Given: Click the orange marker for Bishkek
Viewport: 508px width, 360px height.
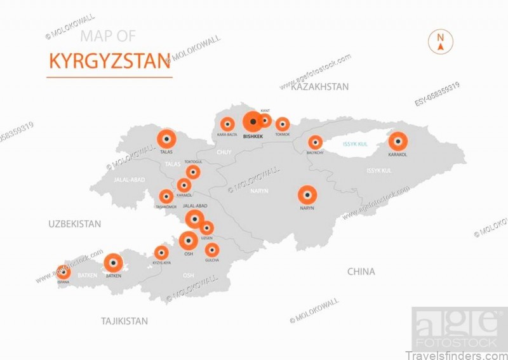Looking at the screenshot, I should click(253, 121).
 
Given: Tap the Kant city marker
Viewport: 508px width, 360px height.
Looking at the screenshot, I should click(265, 121).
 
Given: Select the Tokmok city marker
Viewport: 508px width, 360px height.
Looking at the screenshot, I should click(283, 124).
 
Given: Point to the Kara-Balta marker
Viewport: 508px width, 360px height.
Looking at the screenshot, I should click(227, 124).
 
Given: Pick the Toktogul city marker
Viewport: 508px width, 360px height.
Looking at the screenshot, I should click(192, 172).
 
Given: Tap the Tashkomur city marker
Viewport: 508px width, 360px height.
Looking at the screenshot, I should click(166, 197).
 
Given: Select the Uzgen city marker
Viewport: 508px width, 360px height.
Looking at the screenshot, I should click(206, 228).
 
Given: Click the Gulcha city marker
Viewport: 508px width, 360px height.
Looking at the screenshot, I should click(212, 250).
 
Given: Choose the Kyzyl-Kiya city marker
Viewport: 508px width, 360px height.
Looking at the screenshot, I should click(162, 253).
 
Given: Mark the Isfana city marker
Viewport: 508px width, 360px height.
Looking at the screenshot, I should click(63, 272).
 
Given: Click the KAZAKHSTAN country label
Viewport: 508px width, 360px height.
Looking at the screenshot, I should click(319, 87).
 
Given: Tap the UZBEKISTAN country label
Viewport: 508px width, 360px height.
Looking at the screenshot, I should click(75, 224).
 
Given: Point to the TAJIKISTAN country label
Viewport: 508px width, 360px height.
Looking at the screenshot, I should click(124, 321).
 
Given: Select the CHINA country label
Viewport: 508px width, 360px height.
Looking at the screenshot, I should click(361, 272).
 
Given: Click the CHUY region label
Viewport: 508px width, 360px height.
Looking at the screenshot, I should click(224, 152).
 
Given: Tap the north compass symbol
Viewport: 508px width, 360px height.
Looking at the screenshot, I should click(440, 41).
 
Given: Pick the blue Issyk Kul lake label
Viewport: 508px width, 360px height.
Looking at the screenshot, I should click(355, 144).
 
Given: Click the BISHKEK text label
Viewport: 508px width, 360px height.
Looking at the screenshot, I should click(253, 137).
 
